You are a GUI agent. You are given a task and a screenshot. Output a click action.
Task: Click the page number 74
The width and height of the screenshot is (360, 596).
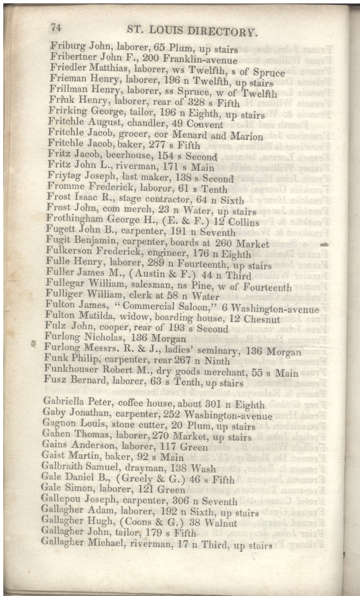56,27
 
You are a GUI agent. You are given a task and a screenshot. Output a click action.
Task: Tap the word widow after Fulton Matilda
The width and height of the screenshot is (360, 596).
134,318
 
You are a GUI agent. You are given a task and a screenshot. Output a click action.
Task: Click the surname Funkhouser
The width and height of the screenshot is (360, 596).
74,372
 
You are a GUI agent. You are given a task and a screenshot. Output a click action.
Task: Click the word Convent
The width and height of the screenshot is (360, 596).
206,124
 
